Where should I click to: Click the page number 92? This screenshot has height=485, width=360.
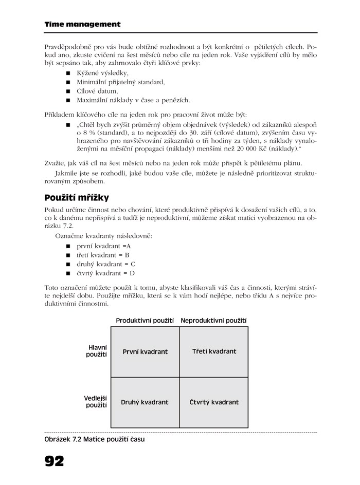[x=55, y=460]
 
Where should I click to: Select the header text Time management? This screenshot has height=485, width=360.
[x=83, y=24]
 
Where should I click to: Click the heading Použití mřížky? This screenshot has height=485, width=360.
[x=77, y=198]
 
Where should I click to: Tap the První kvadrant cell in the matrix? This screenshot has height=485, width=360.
[x=145, y=352]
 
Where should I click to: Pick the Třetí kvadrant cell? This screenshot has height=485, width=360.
[x=214, y=351]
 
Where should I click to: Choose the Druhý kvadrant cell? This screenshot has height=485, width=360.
[x=145, y=402]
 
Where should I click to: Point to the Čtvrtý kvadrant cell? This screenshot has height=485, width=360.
[x=214, y=402]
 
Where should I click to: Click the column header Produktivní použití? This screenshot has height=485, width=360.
[x=145, y=321]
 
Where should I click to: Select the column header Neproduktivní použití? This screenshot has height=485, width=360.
[x=213, y=321]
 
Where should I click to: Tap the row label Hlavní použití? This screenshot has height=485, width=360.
[x=97, y=351]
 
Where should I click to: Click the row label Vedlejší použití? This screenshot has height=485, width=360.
[x=96, y=402]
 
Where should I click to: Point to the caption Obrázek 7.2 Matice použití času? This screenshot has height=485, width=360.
[x=95, y=439]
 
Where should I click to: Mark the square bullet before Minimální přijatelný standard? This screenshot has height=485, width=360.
[x=68, y=82]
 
